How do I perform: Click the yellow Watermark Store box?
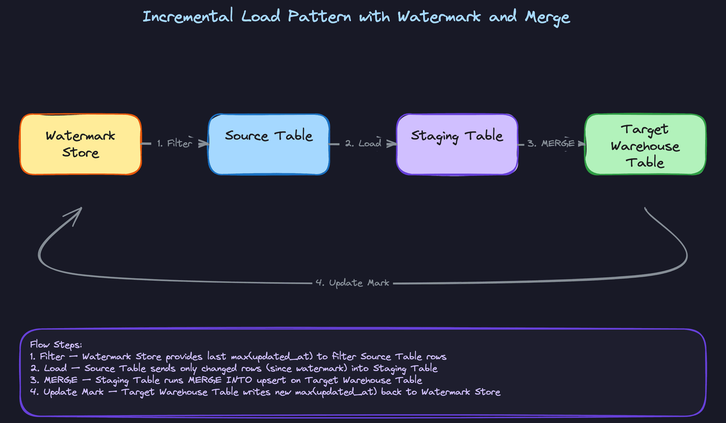81,144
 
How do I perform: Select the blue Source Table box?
269,144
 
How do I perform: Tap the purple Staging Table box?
457,144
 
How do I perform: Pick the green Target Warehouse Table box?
645,144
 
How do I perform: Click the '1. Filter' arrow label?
174,144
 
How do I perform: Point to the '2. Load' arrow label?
363,144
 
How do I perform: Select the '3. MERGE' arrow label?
551,144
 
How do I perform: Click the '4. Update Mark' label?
352,283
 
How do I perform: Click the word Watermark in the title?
439,17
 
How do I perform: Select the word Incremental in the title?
188,17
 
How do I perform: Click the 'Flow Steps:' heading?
56,344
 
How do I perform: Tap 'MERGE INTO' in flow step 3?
220,380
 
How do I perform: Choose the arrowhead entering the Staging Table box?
392,144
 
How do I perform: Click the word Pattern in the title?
319,17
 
